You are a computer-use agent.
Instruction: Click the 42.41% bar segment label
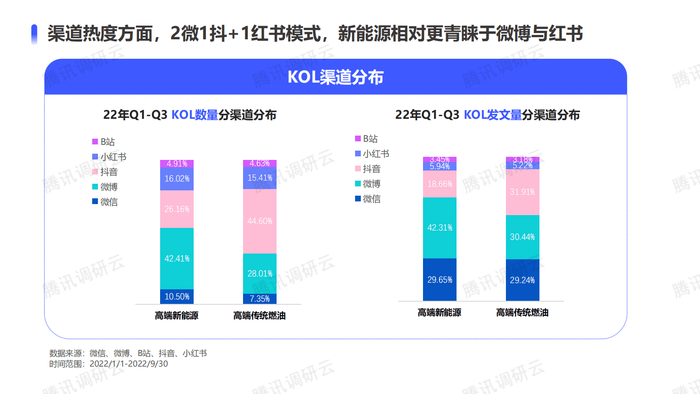point(177,258)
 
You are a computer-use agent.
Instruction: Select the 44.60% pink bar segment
point(260,221)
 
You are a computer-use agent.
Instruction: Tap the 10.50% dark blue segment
point(177,296)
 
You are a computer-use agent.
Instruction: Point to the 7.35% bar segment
point(260,299)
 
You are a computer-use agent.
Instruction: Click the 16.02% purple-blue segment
point(177,178)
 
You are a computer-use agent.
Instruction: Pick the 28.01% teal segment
point(260,273)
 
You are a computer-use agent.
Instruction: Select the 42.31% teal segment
point(440,227)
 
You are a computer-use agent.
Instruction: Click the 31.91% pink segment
point(522,192)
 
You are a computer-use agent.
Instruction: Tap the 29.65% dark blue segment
point(440,280)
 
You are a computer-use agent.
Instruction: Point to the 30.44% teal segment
point(522,237)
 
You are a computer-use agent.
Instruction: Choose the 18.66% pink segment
point(440,184)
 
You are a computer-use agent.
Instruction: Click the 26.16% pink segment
point(177,209)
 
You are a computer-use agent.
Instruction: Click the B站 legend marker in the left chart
point(95,142)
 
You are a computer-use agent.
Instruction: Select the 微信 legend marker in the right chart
point(358,199)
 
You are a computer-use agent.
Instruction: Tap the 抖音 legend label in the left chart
point(109,172)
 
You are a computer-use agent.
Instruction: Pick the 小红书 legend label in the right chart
point(376,154)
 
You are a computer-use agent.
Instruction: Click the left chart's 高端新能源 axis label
point(176,315)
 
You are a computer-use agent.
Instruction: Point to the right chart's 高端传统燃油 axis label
point(522,312)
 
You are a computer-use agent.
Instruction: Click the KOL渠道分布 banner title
point(335,77)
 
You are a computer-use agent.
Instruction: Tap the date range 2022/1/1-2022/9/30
point(128,364)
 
